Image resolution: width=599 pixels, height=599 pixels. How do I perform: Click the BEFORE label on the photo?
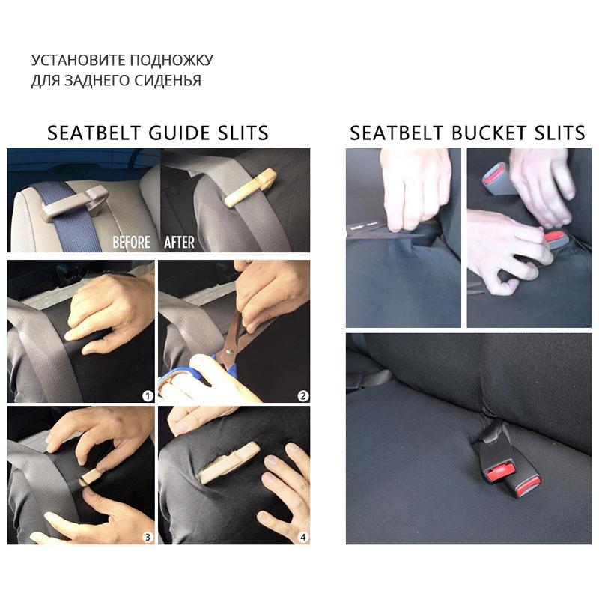coord(131,242)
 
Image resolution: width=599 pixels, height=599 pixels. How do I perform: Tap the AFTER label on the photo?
coord(179,242)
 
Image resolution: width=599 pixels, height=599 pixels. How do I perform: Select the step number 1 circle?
coord(148,395)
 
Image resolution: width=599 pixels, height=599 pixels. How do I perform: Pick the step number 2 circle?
coord(302,395)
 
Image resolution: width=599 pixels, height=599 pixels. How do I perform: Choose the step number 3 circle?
coord(148,536)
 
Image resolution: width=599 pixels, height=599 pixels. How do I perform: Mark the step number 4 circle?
coord(302,536)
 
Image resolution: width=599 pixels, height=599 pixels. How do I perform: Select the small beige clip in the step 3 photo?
coord(91,476)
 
